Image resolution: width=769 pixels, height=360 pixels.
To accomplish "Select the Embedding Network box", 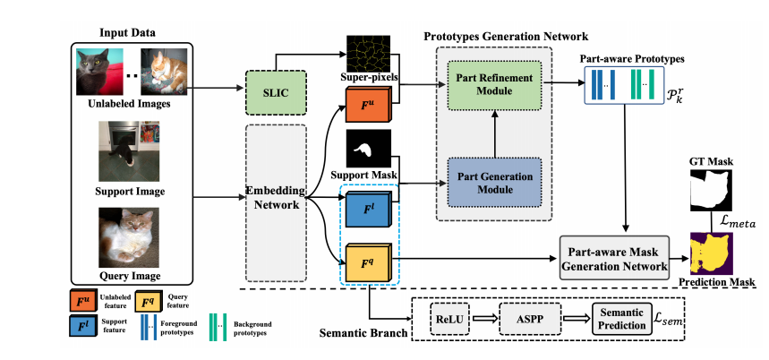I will point(276,199).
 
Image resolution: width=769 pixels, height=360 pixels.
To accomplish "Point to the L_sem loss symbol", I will point(674,319).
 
